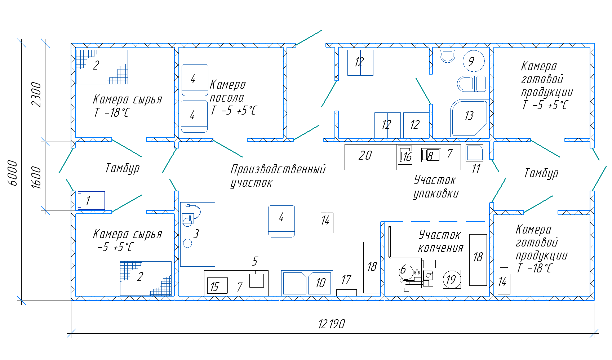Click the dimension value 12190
tap(332, 324)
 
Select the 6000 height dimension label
tap(13, 173)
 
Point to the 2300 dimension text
tap(36, 94)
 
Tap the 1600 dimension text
tap(36, 177)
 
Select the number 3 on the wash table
tap(196, 234)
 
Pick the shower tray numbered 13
tap(469, 116)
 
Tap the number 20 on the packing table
tap(365, 155)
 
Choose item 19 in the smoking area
tap(451, 280)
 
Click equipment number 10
tap(320, 283)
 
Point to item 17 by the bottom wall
tap(346, 292)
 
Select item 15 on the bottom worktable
tap(215, 286)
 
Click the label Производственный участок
tap(278, 175)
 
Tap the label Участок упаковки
tap(435, 187)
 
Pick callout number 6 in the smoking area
tap(403, 269)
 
